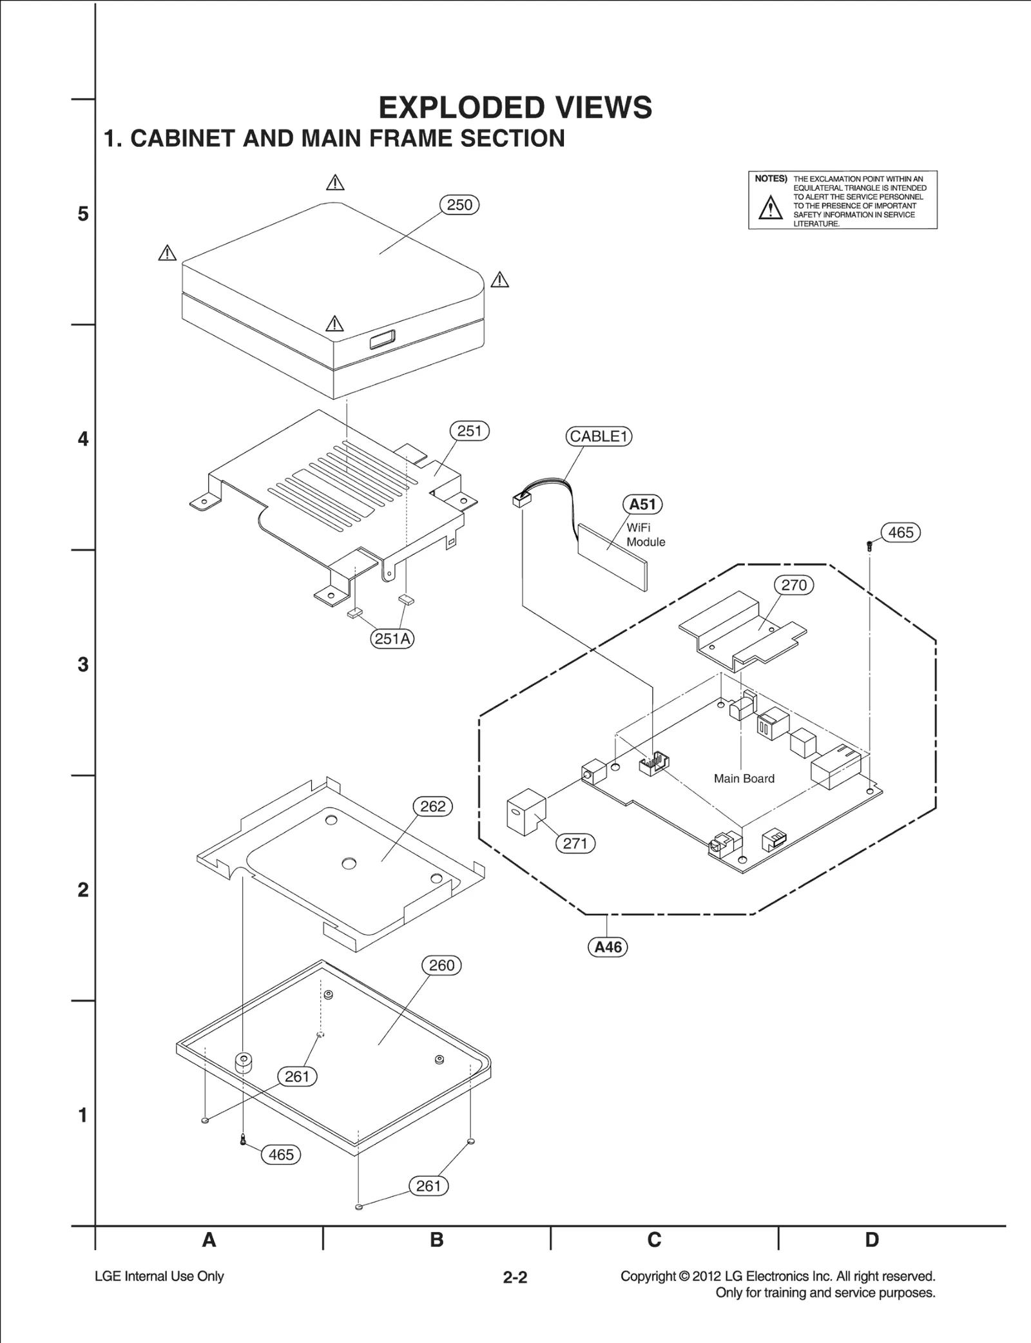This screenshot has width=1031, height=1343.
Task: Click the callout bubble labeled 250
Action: (x=459, y=205)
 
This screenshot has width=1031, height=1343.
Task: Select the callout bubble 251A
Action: (x=392, y=639)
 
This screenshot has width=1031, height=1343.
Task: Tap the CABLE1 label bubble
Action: (x=599, y=436)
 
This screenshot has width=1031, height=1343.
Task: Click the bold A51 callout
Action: (x=642, y=504)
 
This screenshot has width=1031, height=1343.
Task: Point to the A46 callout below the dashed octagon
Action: (x=608, y=947)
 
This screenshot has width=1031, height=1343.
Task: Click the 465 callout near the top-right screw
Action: (x=900, y=532)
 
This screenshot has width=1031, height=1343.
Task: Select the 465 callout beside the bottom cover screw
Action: (x=281, y=1154)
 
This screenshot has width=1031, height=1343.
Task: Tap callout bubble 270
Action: (x=793, y=585)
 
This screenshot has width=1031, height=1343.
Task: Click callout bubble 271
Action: (x=575, y=843)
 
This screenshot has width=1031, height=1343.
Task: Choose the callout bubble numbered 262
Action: (x=432, y=806)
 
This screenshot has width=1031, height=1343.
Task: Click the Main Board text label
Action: (x=744, y=778)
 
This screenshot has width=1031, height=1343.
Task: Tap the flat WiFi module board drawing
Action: (x=612, y=556)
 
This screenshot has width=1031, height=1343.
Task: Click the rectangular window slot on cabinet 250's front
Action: (x=383, y=339)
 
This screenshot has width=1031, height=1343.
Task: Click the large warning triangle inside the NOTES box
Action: (x=770, y=208)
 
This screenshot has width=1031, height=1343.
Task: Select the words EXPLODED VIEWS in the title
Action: (x=515, y=108)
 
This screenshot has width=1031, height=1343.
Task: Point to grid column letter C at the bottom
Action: (x=654, y=1240)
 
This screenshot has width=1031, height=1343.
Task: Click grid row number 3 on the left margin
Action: (x=83, y=664)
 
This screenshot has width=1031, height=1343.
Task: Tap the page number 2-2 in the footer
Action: (x=515, y=1277)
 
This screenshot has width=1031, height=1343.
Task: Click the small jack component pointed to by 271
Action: (x=526, y=812)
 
